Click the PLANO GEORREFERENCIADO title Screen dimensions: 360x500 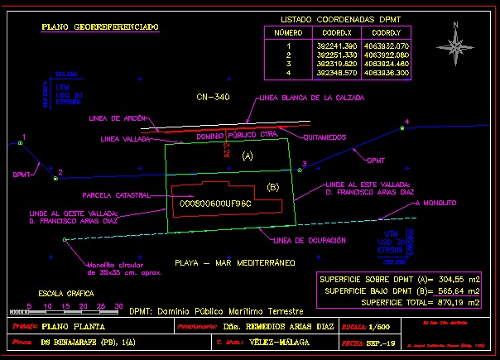(x=100, y=27)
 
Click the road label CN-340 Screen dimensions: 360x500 (x=213, y=97)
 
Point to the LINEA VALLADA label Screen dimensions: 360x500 (x=125, y=139)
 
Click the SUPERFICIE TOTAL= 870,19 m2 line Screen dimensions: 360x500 (x=399, y=303)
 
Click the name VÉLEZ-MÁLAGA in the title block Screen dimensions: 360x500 (x=291, y=342)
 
